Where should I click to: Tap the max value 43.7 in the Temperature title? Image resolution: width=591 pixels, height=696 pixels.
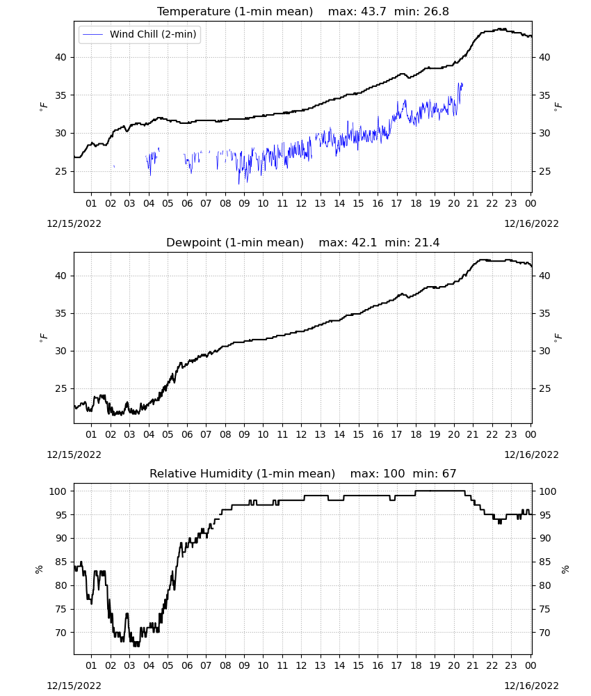[x=373, y=12]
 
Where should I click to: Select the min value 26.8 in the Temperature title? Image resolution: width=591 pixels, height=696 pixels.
[x=436, y=12]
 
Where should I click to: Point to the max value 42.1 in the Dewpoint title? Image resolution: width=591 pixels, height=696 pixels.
[x=364, y=243]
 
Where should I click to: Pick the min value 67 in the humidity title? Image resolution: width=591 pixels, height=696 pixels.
[x=449, y=473]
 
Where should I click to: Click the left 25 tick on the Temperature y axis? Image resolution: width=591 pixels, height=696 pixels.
[x=62, y=171]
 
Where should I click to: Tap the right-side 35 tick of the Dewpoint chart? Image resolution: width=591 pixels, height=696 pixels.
[x=544, y=313]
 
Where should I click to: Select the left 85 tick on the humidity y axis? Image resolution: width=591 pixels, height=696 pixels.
[x=60, y=562]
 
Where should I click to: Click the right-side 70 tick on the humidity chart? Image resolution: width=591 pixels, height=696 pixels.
[x=544, y=633]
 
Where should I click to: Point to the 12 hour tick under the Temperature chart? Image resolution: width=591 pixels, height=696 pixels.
[x=301, y=204]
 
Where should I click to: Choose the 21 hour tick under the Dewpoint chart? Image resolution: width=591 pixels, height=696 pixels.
[x=473, y=434]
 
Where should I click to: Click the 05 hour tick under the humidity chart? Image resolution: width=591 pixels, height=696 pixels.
[x=168, y=666]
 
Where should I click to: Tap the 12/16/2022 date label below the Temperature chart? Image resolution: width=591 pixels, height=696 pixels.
[x=531, y=223]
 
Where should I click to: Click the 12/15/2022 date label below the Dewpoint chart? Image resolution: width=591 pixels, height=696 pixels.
[x=74, y=454]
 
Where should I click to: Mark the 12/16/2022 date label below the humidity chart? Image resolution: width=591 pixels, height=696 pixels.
[x=531, y=686]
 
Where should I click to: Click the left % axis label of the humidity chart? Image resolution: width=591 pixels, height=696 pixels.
[x=39, y=569]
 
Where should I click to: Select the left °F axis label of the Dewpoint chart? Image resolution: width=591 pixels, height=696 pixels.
[x=43, y=337]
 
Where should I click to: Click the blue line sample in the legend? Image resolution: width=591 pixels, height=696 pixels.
[x=92, y=35]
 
